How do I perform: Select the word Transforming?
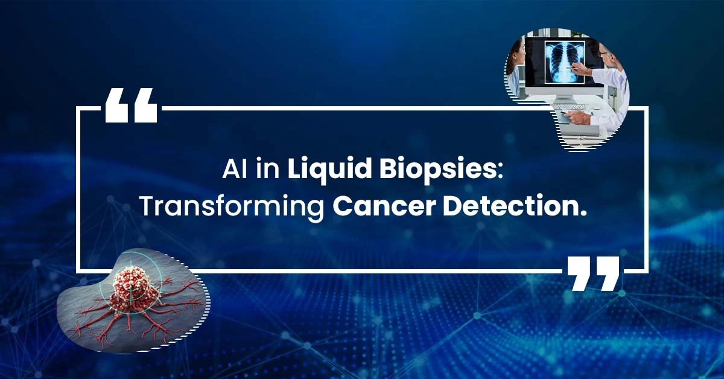(x=232, y=207)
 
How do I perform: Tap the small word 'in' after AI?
(x=268, y=170)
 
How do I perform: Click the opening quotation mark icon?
(x=132, y=105)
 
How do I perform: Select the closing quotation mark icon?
(x=594, y=273)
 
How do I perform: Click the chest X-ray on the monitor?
(x=564, y=62)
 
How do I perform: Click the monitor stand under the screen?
(x=564, y=94)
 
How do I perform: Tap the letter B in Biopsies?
(x=387, y=170)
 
